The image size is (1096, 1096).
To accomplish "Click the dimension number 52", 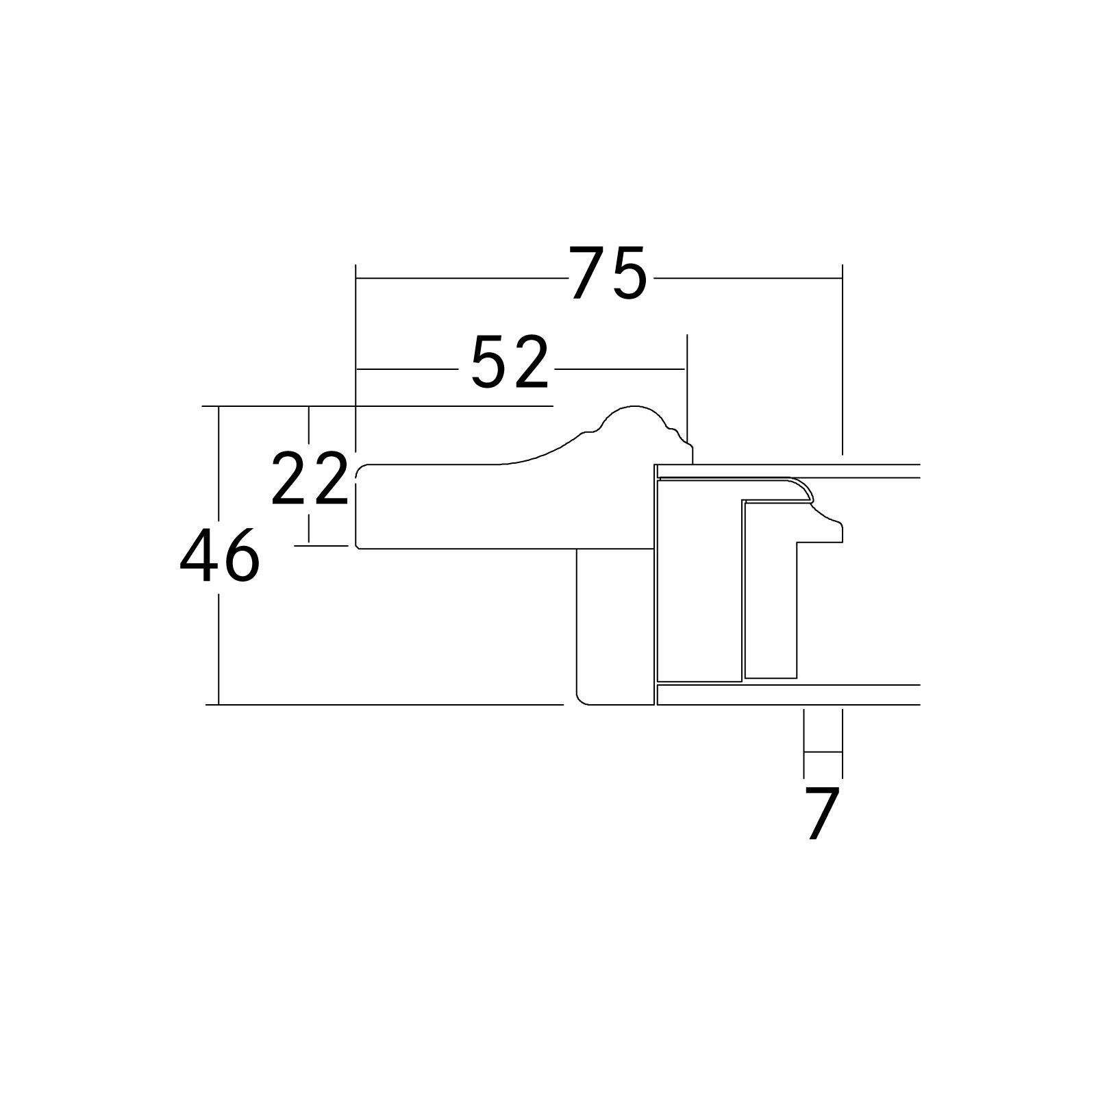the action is tap(511, 362).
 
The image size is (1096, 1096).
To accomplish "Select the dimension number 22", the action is tap(310, 479).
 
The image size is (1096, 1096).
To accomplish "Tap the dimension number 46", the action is tap(220, 556).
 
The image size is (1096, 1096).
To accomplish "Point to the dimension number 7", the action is tap(822, 814).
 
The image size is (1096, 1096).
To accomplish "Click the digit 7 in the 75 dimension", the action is tap(588, 273).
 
